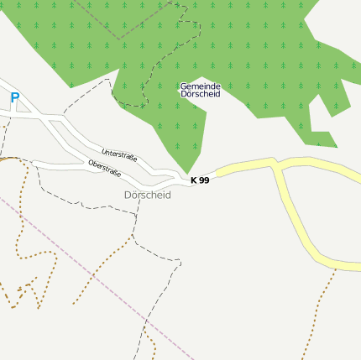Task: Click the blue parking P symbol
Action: click(x=14, y=98)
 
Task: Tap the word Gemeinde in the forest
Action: click(x=200, y=86)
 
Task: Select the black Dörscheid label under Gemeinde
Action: click(x=200, y=94)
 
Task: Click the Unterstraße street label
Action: click(x=119, y=154)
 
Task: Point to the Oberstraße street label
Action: click(x=104, y=168)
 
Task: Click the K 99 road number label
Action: click(x=200, y=180)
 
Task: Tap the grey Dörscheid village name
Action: click(x=147, y=195)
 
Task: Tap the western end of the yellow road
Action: click(x=220, y=174)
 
